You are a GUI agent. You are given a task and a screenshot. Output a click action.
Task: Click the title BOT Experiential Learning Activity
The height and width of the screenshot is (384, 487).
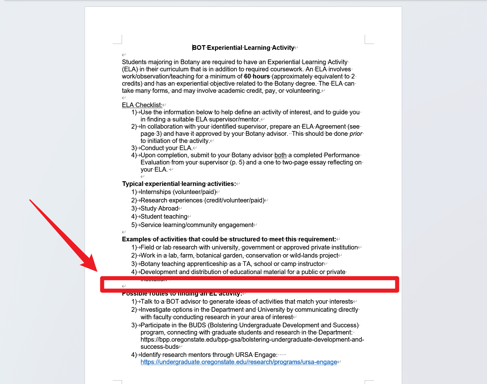243,48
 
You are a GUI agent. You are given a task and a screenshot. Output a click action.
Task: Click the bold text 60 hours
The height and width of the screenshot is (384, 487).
257,76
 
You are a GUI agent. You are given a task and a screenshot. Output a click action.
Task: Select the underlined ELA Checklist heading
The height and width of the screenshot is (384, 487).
142,105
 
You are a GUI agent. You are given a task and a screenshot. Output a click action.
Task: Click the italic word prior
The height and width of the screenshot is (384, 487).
356,134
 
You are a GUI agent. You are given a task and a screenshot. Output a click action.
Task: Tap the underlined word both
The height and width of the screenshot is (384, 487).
280,155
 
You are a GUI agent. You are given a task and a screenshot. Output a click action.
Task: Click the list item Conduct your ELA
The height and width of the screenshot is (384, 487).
166,148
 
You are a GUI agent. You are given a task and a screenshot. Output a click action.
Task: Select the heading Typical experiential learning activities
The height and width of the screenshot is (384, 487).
179,184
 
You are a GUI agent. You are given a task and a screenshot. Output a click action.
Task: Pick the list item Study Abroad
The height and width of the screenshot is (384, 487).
159,208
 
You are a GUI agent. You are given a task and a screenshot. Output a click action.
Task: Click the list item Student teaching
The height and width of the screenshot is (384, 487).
164,216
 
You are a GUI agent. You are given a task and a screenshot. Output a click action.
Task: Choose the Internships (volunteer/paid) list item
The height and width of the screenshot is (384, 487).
178,192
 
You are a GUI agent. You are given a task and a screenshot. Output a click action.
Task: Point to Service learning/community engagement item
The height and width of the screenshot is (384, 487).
197,225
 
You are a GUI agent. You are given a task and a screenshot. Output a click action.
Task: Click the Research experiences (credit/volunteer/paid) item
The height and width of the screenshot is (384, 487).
202,200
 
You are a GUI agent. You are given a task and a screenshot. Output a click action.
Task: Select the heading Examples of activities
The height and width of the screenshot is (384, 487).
229,239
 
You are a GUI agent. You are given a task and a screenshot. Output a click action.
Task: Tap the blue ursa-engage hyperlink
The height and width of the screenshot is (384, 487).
239,362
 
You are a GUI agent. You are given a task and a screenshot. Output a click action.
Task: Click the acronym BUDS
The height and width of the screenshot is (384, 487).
197,325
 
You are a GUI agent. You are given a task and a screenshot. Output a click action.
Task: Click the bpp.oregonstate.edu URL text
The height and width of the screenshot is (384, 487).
252,339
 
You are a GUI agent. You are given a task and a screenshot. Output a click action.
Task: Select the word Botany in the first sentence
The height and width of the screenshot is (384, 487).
190,62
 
